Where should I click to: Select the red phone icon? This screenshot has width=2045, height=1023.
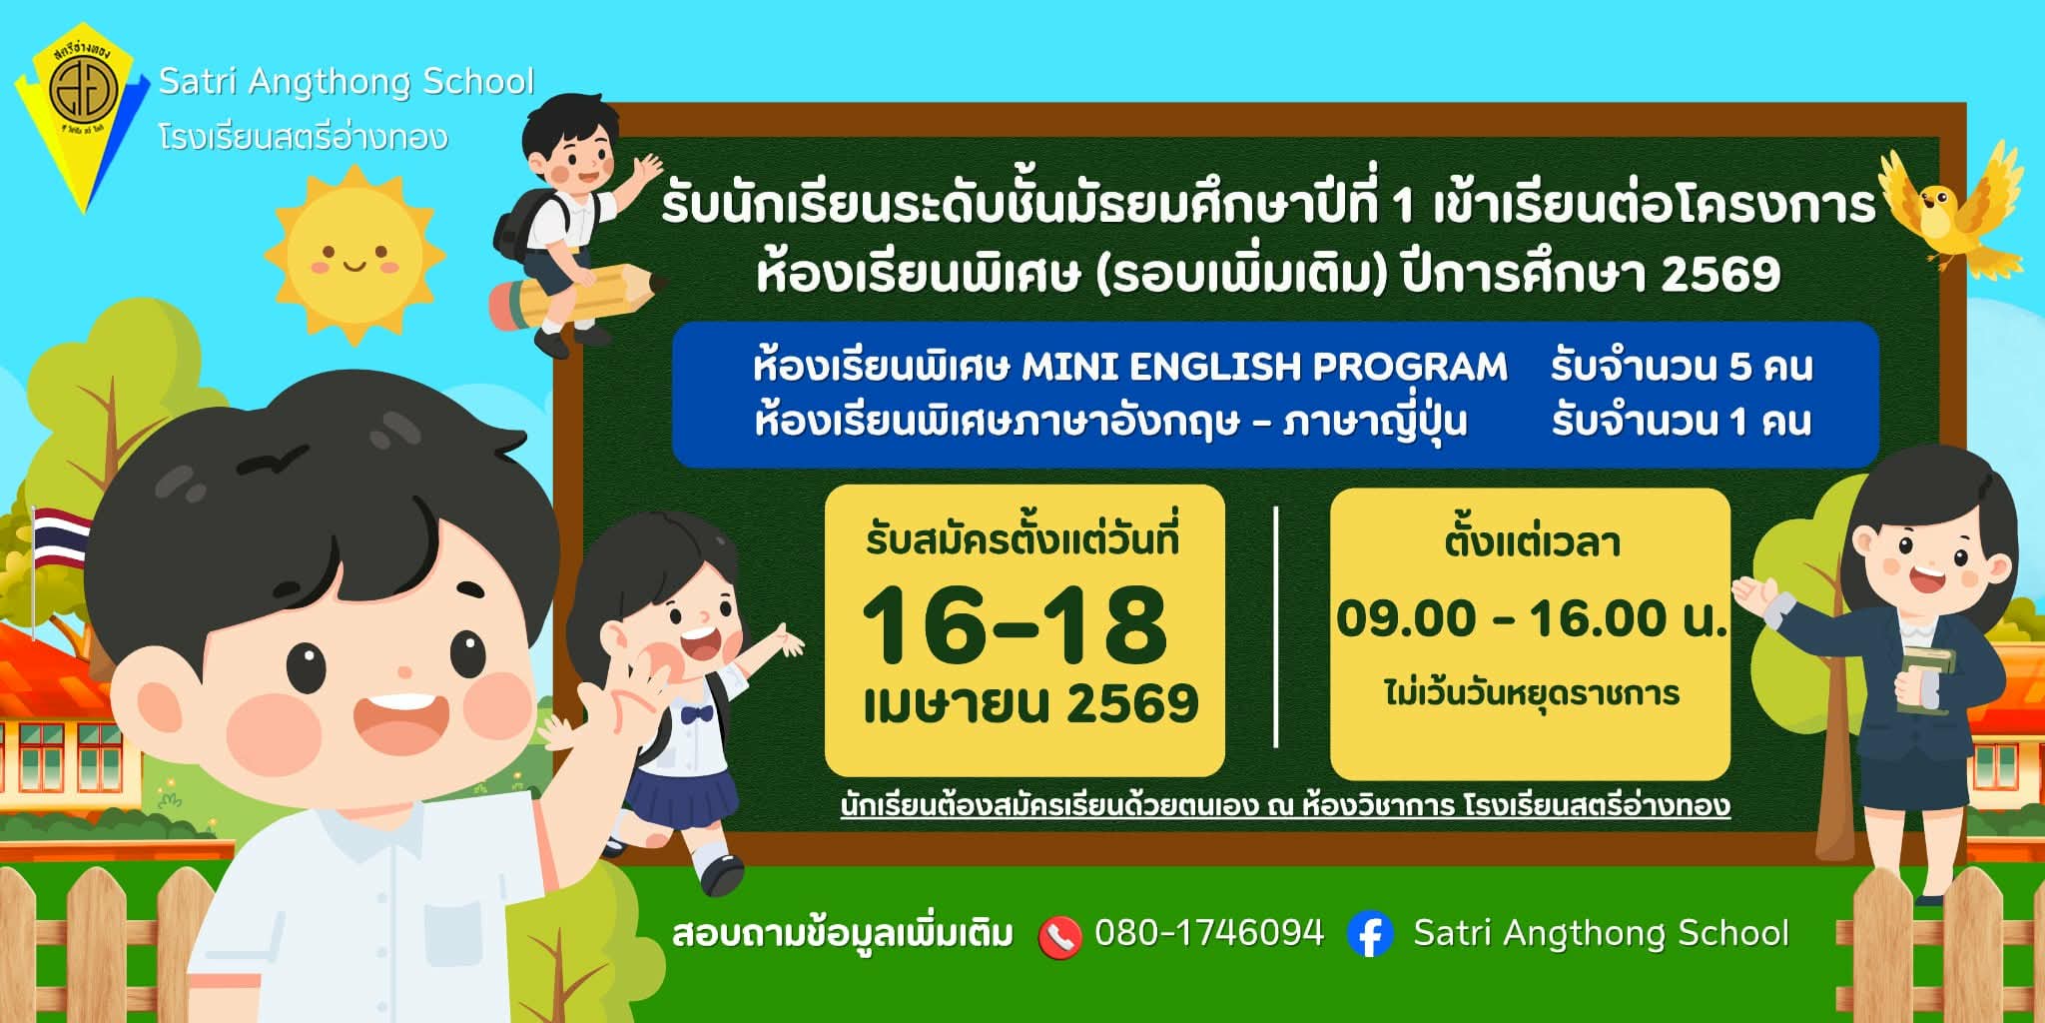[1059, 937]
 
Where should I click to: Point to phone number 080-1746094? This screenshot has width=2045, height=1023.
[1209, 933]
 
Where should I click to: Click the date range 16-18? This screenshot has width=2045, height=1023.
[1015, 626]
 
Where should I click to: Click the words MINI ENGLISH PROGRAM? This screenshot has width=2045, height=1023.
[1265, 367]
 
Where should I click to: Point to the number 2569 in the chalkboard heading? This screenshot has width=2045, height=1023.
[1720, 274]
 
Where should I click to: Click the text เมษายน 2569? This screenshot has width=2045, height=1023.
[1030, 704]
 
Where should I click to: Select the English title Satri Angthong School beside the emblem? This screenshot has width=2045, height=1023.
[346, 81]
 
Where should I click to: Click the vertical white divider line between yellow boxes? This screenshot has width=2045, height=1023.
[1276, 627]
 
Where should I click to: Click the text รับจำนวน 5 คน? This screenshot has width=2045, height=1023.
[1682, 367]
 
